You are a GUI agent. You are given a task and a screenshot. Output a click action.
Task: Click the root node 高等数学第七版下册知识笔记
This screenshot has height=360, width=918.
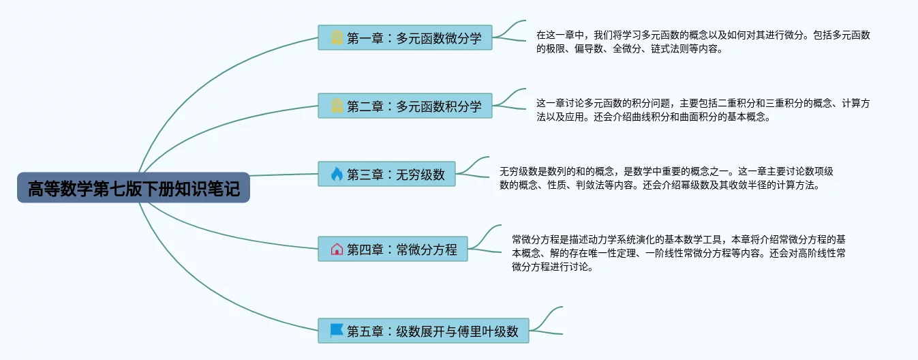[x=134, y=187]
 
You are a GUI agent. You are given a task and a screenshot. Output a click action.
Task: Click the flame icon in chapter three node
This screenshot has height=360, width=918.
[x=337, y=175]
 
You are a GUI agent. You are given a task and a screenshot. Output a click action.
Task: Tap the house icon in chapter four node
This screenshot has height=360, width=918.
[x=337, y=250]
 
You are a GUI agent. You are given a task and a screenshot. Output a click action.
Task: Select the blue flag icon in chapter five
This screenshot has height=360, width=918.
[x=337, y=331]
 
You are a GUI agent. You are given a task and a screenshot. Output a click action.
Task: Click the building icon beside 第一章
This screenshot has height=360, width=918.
[x=337, y=38]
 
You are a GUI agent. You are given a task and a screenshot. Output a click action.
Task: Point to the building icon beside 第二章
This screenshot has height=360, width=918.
[x=337, y=106]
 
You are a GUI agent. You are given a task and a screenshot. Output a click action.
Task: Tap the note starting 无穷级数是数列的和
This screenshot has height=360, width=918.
[x=666, y=177]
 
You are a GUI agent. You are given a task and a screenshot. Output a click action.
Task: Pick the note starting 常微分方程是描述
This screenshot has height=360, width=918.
[x=679, y=252]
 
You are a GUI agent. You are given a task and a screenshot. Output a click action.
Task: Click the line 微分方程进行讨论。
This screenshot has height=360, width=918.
[x=552, y=267]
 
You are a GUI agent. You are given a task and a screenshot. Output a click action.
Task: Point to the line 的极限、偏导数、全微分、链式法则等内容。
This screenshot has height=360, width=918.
[x=628, y=49]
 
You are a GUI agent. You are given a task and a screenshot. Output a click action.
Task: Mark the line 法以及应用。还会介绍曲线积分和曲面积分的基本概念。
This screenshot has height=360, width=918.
[x=653, y=117]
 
